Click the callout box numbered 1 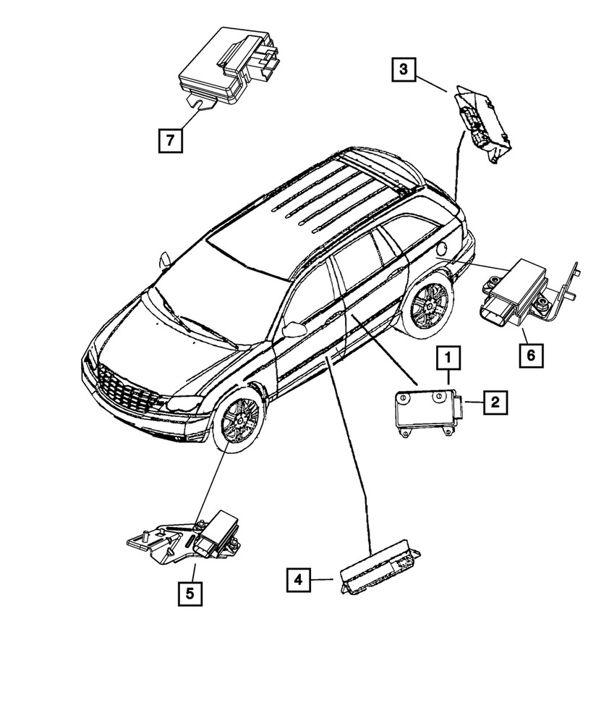click(448, 358)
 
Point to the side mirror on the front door click(295, 331)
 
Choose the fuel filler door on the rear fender click(443, 248)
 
